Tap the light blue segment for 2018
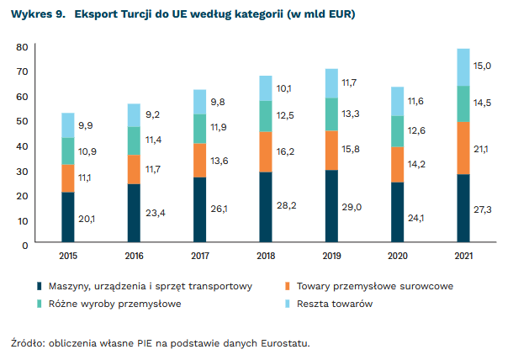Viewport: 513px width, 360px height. pos(266,88)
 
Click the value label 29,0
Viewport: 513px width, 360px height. pos(352,207)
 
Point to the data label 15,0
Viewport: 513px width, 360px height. pos(484,66)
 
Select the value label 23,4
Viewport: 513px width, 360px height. pos(156,214)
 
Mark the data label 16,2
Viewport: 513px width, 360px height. pos(287,152)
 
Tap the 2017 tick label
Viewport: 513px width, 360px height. pos(200,255)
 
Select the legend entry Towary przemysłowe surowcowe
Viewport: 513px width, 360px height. pos(381,286)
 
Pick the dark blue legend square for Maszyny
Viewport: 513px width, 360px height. pos(40,286)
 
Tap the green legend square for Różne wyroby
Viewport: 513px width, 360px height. pos(40,303)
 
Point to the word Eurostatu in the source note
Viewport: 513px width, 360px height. pos(285,342)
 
